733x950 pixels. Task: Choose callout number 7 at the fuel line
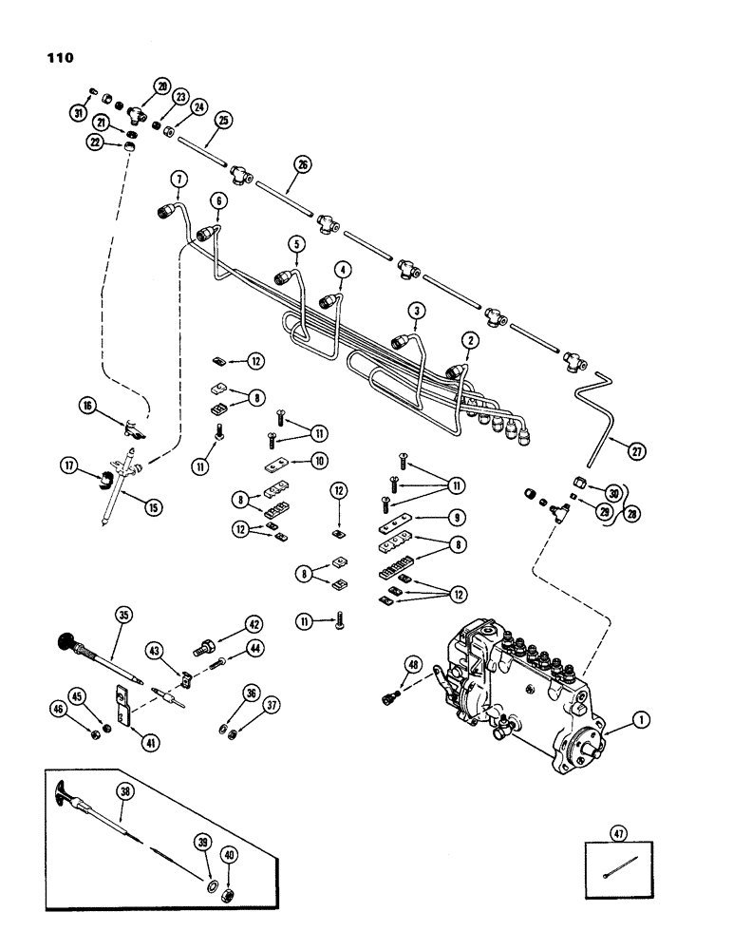[x=176, y=180]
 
